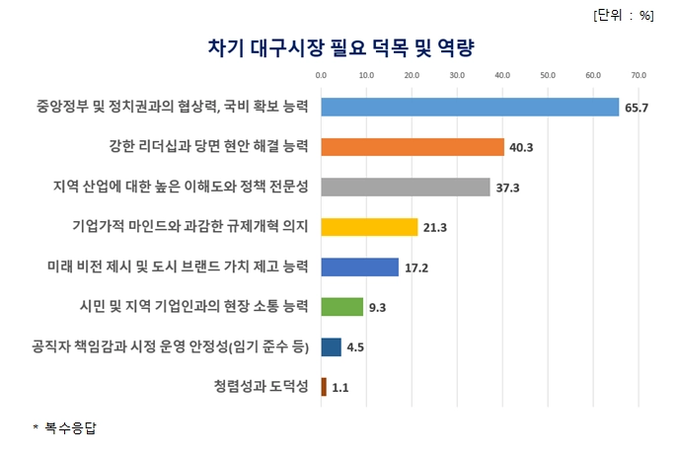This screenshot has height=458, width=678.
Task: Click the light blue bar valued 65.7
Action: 470,107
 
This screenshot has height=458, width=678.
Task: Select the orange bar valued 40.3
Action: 413,147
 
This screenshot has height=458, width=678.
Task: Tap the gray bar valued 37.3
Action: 406,187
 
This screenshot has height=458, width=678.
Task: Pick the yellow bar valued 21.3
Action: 369,227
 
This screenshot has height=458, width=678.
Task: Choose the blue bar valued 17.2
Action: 359,267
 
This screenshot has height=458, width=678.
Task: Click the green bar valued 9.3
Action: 341,307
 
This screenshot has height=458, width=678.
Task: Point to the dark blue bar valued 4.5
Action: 331,346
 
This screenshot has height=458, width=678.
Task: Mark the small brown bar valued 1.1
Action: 323,387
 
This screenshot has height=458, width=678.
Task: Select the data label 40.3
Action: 519,148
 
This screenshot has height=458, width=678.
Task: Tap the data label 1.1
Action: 340,388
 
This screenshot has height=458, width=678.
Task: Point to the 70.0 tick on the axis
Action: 639,74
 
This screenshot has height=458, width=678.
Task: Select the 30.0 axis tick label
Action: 457,74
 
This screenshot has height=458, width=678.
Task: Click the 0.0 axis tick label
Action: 321,74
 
